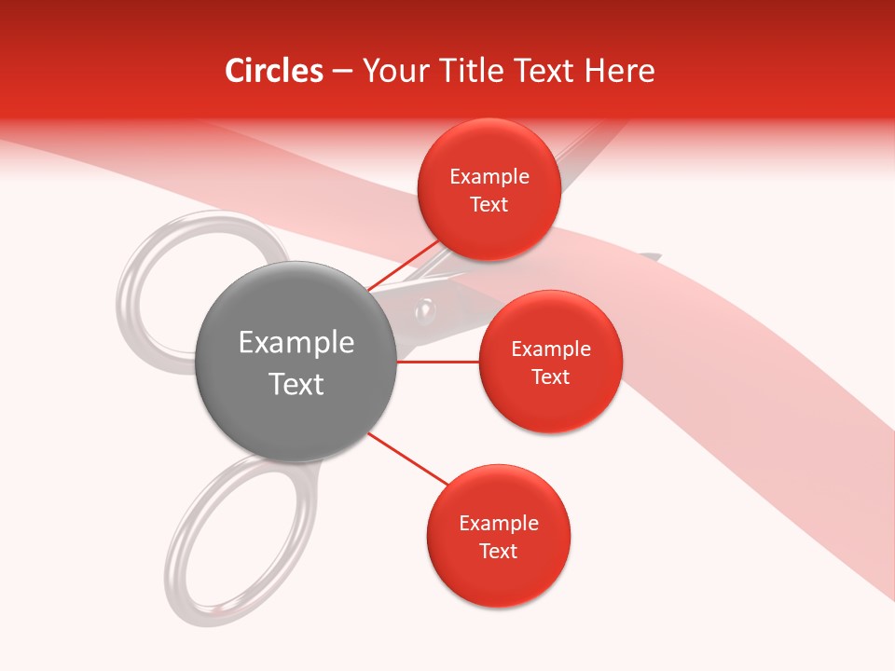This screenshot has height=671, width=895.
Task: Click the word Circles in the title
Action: (273, 71)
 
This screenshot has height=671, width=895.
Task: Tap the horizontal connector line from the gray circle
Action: (438, 361)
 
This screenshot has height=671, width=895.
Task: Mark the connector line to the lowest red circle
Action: (407, 459)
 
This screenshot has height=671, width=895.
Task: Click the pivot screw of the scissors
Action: (426, 308)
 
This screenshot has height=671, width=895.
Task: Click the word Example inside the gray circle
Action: (296, 343)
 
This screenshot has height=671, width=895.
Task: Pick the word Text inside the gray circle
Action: (296, 384)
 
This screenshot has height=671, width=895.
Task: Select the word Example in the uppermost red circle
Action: (489, 177)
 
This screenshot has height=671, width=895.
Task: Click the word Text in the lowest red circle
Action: (498, 551)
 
